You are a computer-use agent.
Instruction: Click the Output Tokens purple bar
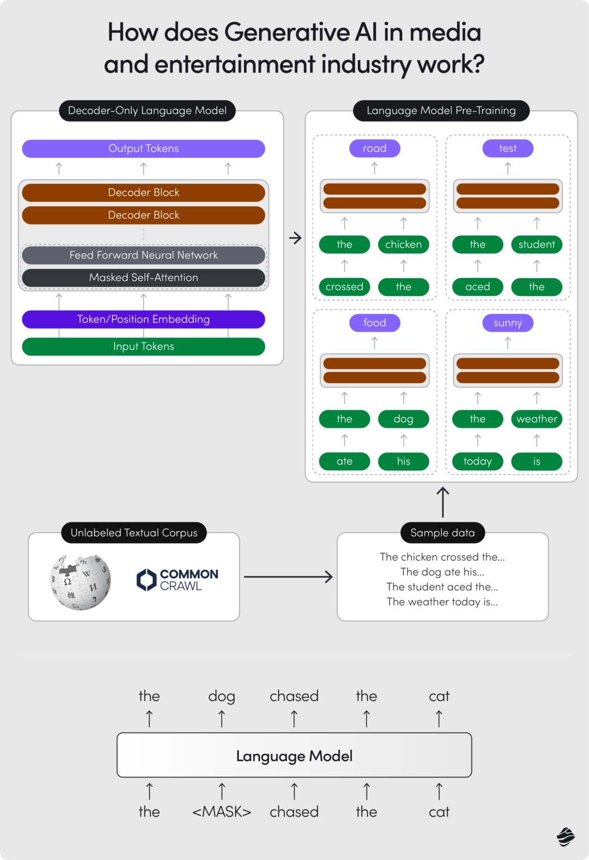(143, 148)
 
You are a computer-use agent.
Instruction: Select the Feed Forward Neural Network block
(143, 255)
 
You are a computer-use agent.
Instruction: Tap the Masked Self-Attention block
(143, 278)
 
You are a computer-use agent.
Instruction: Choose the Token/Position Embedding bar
(143, 319)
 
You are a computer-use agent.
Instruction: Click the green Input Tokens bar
(143, 347)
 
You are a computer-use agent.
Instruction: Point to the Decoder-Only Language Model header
(147, 110)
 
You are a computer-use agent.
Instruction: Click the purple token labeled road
(375, 148)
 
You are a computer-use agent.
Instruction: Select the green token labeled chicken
(403, 245)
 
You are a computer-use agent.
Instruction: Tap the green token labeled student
(536, 245)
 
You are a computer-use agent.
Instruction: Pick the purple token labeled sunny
(508, 323)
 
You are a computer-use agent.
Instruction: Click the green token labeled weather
(536, 419)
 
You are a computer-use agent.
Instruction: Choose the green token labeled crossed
(345, 287)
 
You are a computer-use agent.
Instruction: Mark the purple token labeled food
(375, 323)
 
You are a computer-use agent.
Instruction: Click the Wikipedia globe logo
(80, 582)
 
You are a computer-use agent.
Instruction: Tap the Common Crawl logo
(177, 580)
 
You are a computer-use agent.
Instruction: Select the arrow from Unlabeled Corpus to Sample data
(288, 577)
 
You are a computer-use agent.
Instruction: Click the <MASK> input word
(222, 812)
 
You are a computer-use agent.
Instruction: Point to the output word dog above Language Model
(222, 697)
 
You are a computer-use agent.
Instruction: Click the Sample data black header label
(442, 533)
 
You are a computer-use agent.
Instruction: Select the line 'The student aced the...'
(442, 587)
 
